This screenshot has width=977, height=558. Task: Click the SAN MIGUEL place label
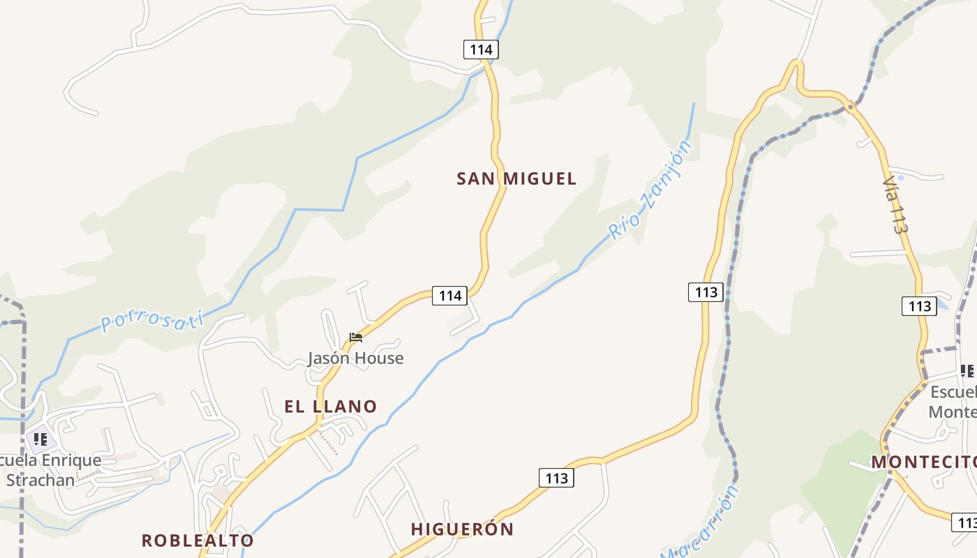click(516, 179)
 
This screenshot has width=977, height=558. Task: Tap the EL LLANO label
click(331, 406)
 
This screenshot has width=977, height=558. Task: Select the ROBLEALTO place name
click(197, 540)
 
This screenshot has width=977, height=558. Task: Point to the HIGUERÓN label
click(462, 529)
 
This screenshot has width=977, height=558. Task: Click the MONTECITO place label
click(923, 462)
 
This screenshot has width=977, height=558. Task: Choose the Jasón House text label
click(356, 358)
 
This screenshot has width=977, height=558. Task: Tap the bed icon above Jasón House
click(356, 338)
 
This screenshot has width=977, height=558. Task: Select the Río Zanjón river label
click(650, 190)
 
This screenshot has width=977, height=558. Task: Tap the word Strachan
click(40, 480)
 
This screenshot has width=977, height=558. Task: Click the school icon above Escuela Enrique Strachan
click(40, 439)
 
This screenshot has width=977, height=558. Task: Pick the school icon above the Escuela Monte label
click(967, 370)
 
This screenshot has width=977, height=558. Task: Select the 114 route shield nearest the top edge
click(481, 50)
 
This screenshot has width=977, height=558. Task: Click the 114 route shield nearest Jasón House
click(449, 296)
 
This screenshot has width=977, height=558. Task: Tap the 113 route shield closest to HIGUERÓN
click(556, 478)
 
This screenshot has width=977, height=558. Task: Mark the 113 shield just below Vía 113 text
click(919, 306)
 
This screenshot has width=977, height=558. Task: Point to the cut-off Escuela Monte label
click(953, 402)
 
